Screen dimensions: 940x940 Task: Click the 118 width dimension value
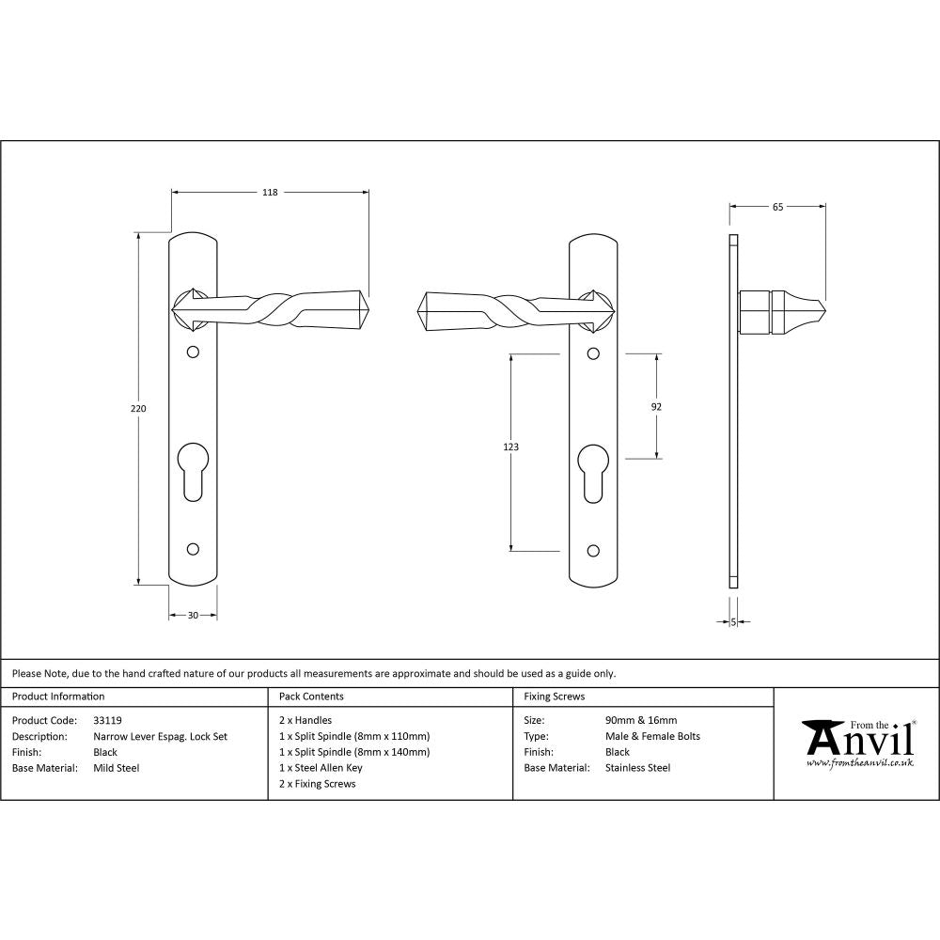(270, 193)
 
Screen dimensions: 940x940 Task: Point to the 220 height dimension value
(138, 409)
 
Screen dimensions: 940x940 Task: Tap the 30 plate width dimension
(193, 616)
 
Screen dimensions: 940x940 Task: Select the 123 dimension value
(510, 447)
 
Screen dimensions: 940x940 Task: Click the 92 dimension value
(656, 407)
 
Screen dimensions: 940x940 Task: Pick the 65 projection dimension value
(777, 207)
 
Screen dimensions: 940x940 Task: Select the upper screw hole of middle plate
(592, 353)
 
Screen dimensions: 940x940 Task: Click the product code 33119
(108, 721)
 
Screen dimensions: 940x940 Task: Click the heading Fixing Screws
(554, 697)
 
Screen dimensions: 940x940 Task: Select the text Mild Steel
(117, 768)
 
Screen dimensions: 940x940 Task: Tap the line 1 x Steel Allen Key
(321, 768)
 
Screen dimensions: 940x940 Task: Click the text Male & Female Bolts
(652, 737)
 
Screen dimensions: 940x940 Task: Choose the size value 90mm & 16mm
(641, 721)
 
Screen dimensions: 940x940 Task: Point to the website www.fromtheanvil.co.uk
(859, 764)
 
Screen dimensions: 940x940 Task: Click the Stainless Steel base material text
(638, 768)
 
